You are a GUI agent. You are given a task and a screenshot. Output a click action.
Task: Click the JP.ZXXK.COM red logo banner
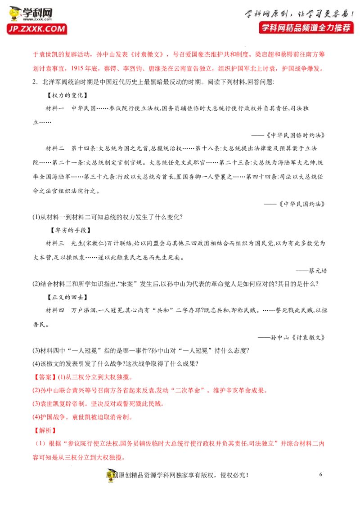37,29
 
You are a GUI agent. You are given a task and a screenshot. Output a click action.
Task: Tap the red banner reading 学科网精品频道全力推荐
306,27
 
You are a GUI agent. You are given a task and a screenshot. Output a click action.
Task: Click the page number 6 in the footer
321,474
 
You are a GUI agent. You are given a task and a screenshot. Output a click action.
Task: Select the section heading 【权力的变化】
67,95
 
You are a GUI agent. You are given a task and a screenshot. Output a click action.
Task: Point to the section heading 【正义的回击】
67,297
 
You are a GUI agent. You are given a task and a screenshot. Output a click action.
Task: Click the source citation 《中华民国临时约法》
296,135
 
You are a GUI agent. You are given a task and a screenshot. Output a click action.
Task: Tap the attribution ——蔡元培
311,270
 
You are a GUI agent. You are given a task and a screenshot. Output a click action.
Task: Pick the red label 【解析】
45,430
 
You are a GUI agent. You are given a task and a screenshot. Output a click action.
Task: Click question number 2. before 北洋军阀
36,82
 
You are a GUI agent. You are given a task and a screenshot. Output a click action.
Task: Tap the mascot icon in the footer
112,475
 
